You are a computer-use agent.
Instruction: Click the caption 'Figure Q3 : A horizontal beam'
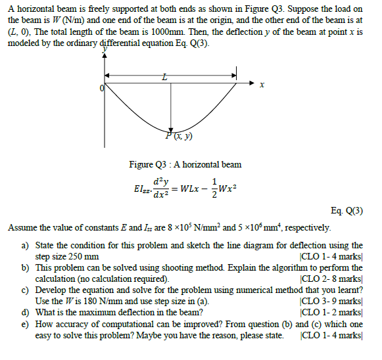pos(185,164)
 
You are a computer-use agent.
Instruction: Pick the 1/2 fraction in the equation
pos(214,188)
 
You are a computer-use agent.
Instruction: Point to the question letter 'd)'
pos(26,312)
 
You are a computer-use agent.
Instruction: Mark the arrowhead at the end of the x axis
pos(252,84)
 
